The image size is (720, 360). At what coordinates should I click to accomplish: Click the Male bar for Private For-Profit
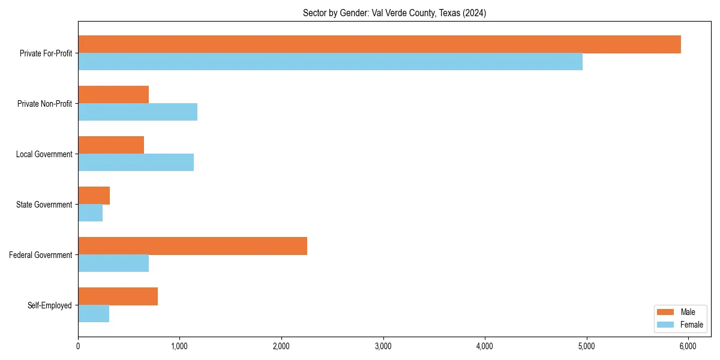[x=379, y=44]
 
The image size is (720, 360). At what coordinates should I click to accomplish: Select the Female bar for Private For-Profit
[x=330, y=62]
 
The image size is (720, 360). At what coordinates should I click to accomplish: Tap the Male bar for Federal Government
[x=193, y=246]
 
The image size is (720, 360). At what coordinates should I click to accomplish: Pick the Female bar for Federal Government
[x=113, y=263]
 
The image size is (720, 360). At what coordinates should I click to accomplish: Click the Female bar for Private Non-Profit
[x=137, y=112]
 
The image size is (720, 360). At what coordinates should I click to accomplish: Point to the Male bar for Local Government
[x=111, y=145]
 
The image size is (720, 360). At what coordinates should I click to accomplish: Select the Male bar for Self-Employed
[x=118, y=296]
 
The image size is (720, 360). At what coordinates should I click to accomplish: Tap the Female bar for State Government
[x=90, y=213]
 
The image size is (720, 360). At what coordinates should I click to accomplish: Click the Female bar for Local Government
[x=136, y=163]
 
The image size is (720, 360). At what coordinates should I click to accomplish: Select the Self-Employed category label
[x=50, y=305]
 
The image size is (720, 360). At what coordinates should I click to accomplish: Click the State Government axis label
[x=44, y=205]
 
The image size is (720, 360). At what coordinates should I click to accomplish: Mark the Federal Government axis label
[x=41, y=255]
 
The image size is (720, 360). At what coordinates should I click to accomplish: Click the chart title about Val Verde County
[x=394, y=13]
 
